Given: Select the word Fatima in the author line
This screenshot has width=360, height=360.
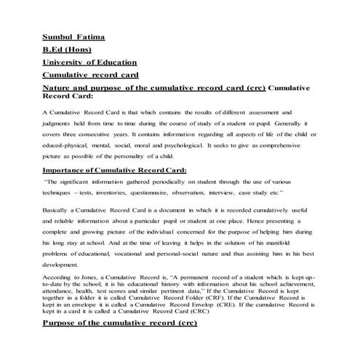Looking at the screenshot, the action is coord(94,35).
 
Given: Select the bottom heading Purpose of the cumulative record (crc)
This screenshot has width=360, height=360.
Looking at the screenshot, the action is coord(121,342).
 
